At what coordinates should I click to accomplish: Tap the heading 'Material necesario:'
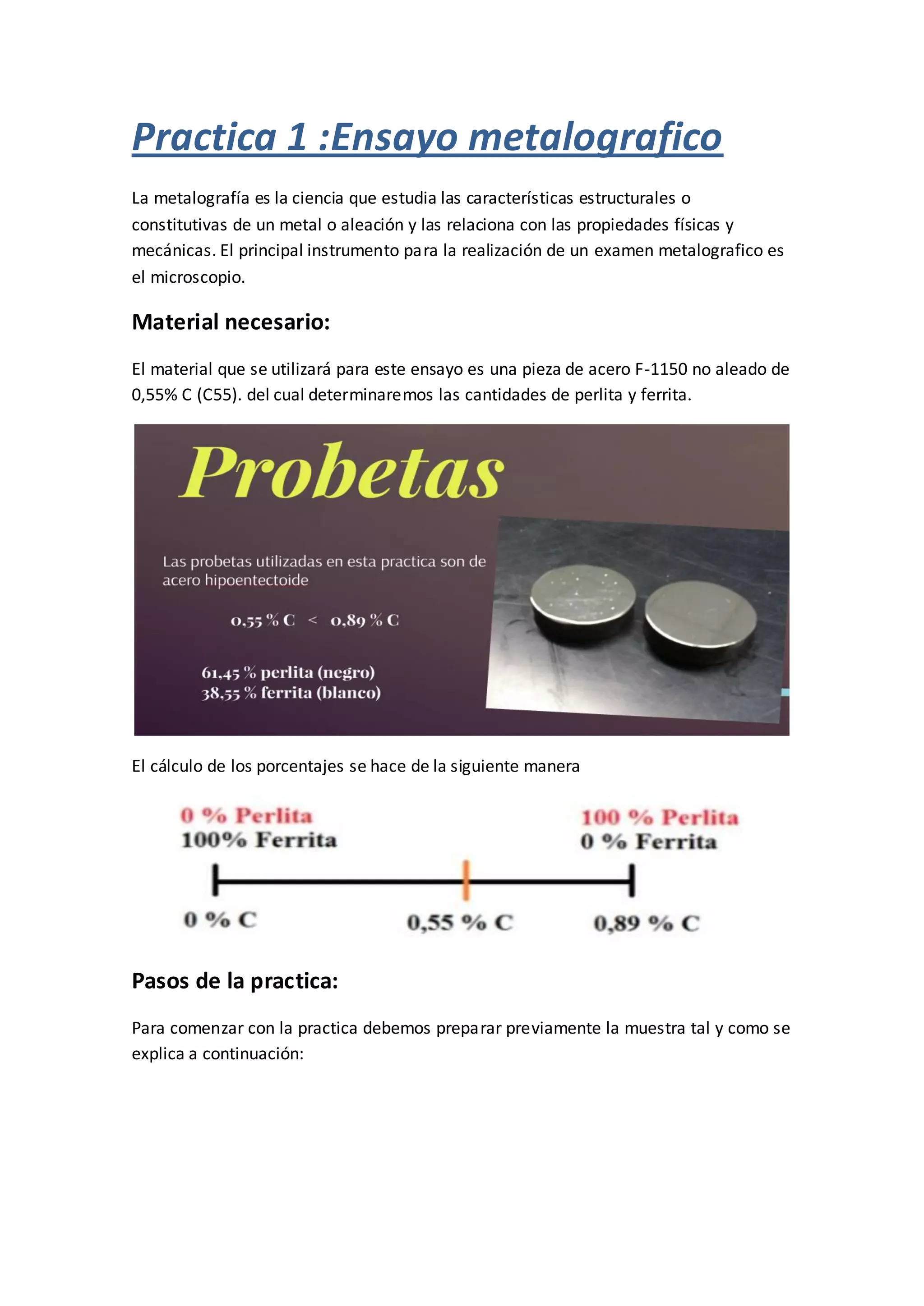(231, 322)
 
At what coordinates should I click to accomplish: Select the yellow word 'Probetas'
(342, 472)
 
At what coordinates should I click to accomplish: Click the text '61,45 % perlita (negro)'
(288, 673)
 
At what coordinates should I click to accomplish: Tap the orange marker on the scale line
(466, 880)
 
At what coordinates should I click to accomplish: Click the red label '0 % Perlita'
(246, 816)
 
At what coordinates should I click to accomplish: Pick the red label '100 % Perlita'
(660, 818)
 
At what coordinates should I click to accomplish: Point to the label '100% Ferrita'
(259, 840)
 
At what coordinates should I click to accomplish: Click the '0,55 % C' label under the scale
(460, 923)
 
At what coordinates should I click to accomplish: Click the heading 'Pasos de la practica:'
(235, 981)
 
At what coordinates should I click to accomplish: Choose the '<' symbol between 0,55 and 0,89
(312, 621)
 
